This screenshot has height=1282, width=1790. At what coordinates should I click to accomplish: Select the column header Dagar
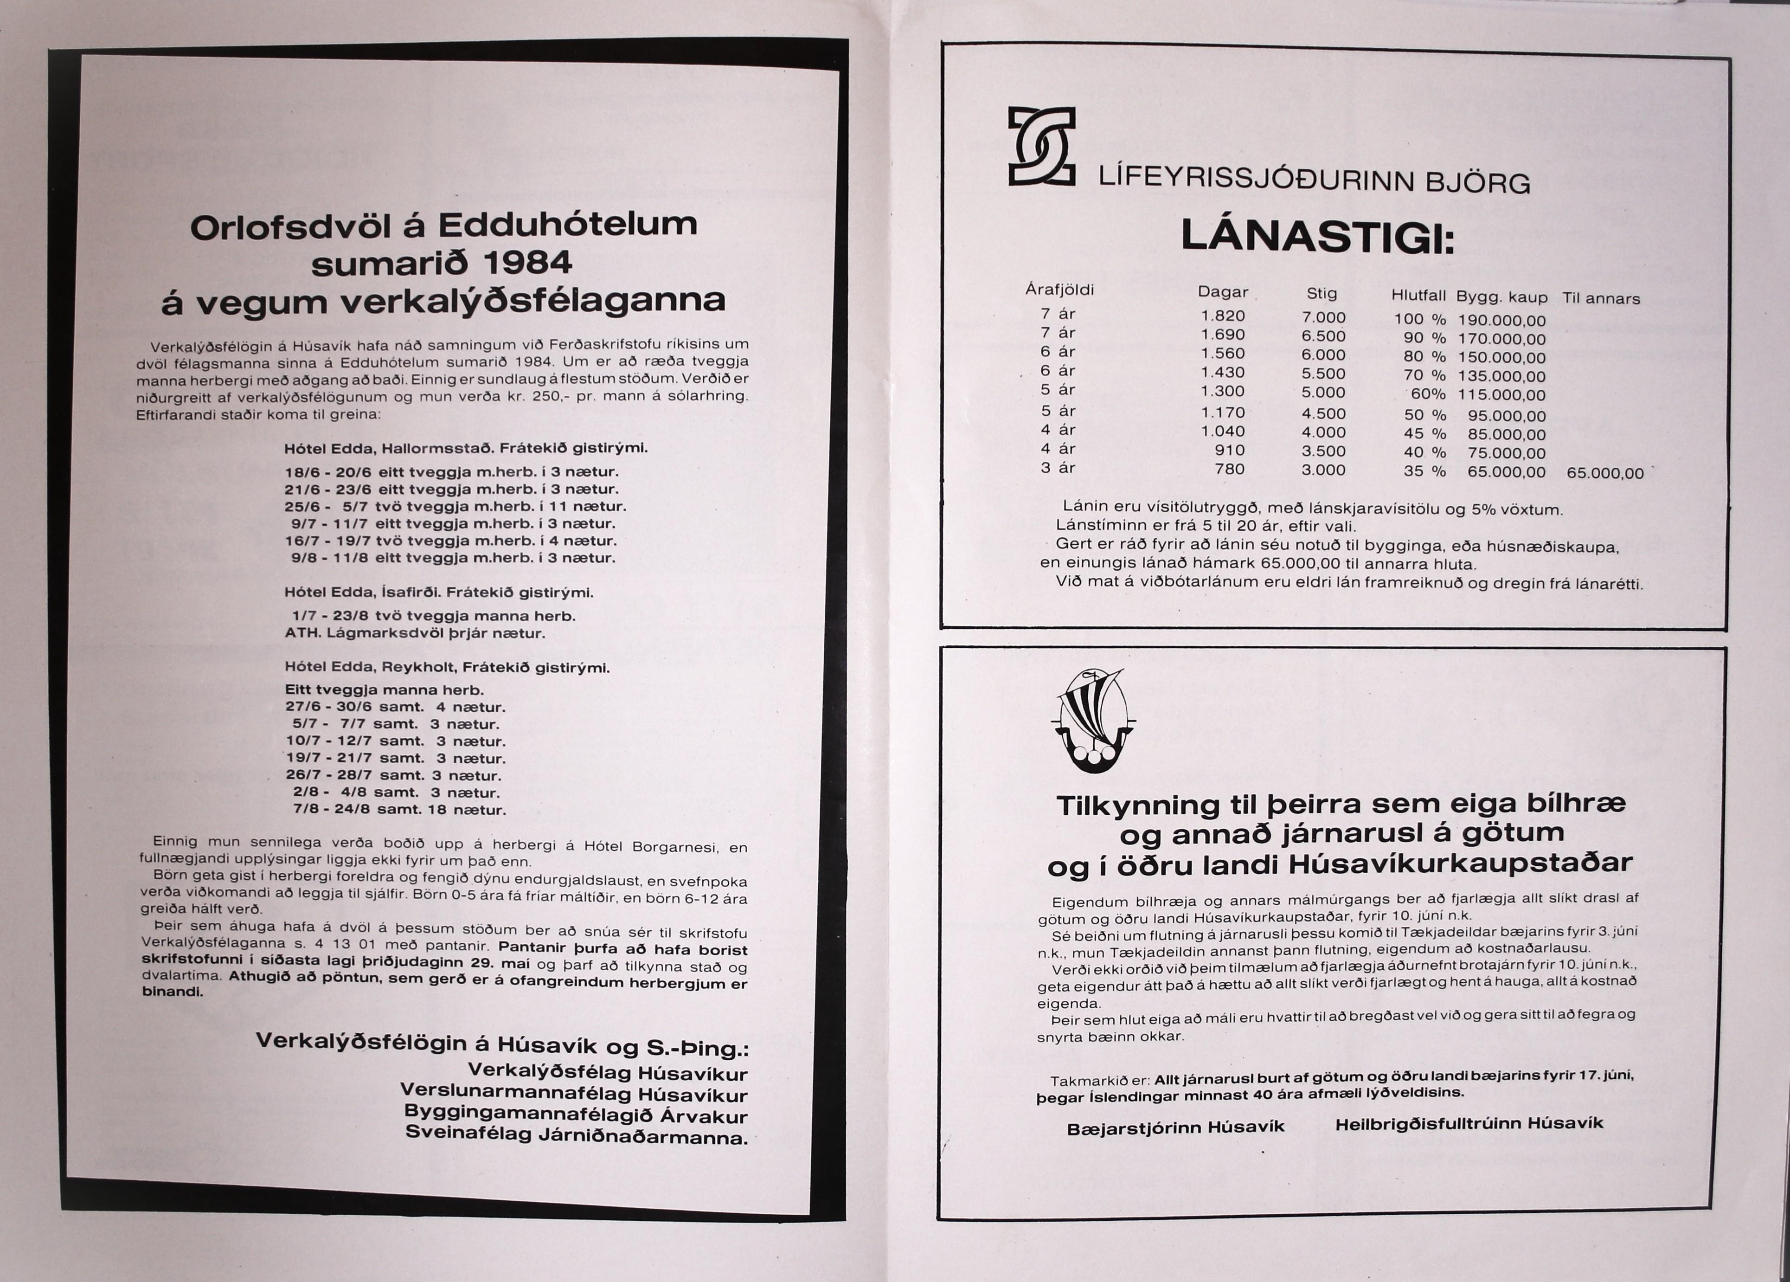[x=1223, y=292]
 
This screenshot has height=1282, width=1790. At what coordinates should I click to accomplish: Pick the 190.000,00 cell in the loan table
[x=1501, y=321]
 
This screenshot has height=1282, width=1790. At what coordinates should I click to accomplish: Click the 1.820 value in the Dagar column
[x=1223, y=316]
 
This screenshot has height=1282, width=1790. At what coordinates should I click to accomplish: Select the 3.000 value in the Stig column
[x=1323, y=470]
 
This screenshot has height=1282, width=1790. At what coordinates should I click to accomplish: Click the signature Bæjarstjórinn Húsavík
[x=1175, y=1128]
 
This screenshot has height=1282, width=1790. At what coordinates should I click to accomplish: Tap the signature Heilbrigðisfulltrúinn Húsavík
[x=1469, y=1123]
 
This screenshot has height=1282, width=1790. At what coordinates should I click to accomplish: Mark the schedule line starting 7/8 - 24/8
[x=399, y=809]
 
